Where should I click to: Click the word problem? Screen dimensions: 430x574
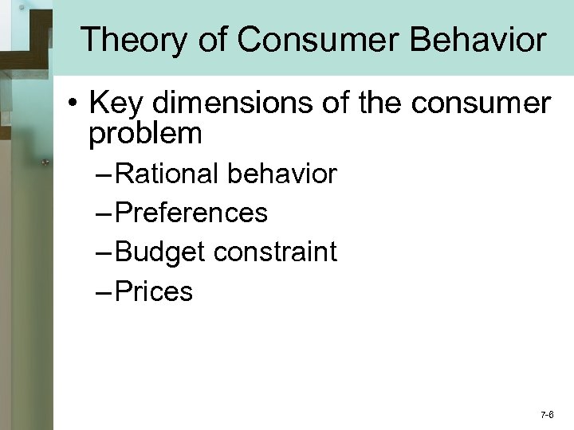145,134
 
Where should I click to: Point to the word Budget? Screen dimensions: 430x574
159,252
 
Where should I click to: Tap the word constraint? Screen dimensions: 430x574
274,252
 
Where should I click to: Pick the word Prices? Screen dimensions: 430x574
154,291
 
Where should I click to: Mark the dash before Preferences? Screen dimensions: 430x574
105,213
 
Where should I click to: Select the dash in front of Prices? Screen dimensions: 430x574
105,292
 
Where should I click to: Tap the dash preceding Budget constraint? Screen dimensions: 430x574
105,253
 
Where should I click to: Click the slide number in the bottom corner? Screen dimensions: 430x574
547,415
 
